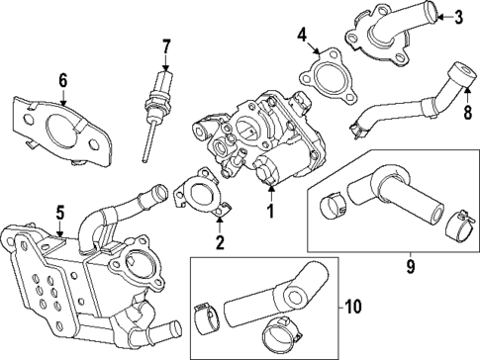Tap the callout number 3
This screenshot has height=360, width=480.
(x=457, y=16)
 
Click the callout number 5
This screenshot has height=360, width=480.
(x=59, y=211)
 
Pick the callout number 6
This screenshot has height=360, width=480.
(x=61, y=80)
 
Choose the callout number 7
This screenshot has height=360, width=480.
(x=166, y=45)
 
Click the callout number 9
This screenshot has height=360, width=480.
(x=409, y=264)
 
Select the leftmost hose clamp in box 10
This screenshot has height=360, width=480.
(x=207, y=315)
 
